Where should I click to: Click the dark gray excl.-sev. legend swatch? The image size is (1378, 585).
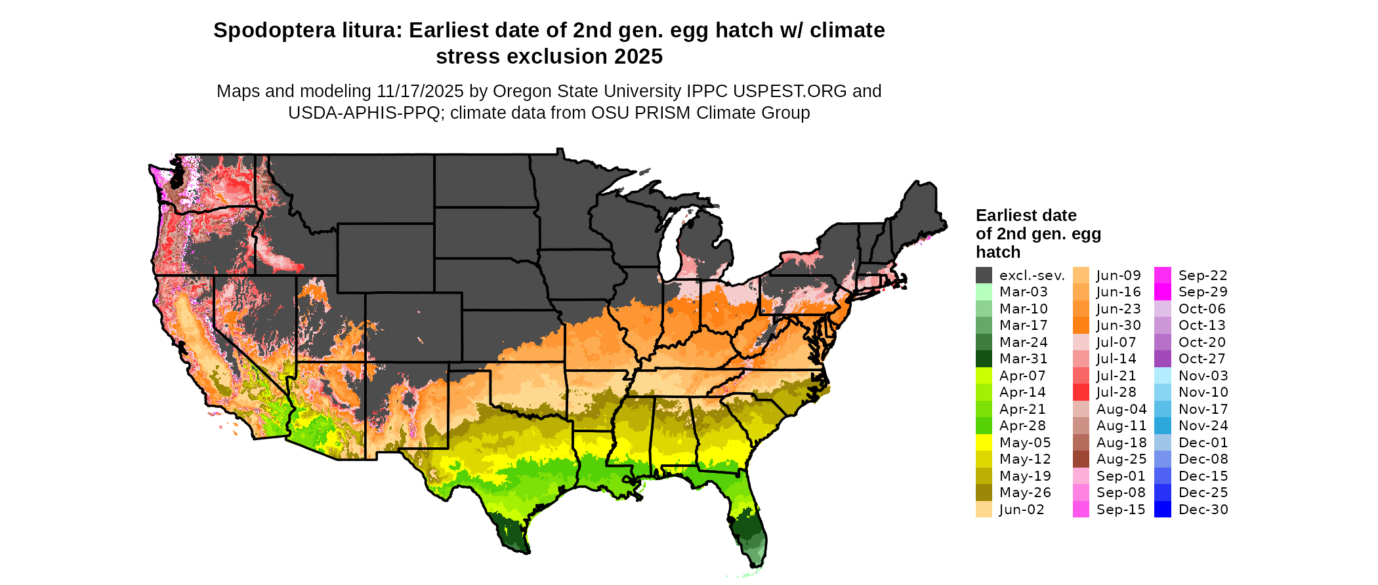984,275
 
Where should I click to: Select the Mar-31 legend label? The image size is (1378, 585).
1023,359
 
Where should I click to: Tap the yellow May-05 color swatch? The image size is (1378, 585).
984,443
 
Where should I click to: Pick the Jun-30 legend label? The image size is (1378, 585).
1119,325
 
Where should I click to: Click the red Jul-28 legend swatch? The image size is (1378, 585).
1081,392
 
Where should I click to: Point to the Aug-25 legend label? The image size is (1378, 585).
1121,459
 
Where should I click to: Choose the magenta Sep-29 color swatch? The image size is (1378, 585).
1162,292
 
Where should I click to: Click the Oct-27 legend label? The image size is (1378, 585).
1202,359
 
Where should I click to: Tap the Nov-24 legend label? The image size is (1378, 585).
1203,426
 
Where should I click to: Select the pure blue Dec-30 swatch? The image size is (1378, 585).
1162,510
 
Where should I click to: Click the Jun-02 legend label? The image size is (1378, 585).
1022,510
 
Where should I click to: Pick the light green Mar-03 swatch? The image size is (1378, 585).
984,292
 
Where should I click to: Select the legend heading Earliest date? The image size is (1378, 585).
1026,215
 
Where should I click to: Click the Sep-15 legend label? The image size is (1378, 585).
1121,510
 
